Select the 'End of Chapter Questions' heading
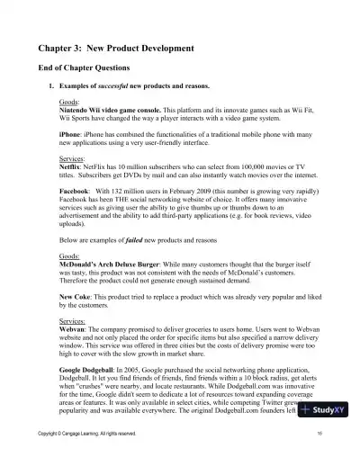click(x=87, y=67)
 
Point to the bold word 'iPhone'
click(x=69, y=133)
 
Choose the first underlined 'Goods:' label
click(x=68, y=101)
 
